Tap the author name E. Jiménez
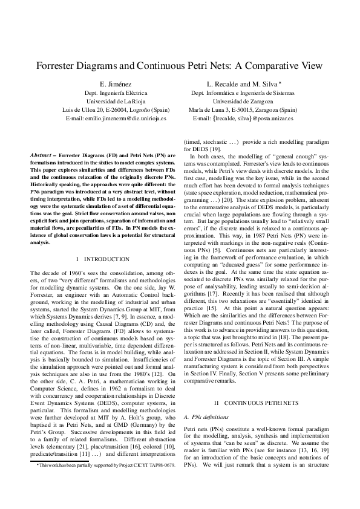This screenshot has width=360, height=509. (116, 84)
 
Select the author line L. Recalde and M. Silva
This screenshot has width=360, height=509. (242, 84)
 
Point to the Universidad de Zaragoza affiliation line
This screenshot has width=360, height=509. (243, 102)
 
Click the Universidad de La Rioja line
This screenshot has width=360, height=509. (116, 102)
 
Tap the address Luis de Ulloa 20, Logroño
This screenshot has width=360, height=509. (116, 110)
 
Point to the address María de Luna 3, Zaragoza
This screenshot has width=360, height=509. (243, 110)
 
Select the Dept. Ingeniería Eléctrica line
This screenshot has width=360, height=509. (116, 93)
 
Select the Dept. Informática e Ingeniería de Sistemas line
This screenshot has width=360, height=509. (243, 93)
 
